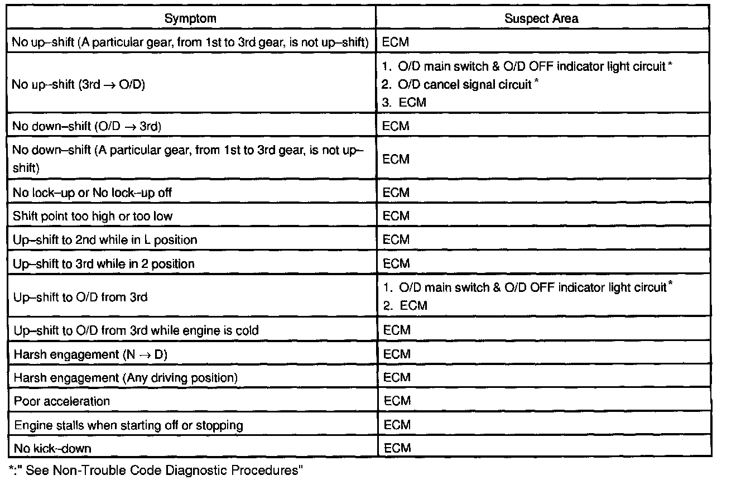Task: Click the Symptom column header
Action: tap(190, 18)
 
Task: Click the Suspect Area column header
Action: tap(541, 18)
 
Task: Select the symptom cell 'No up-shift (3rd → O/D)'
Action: tap(79, 85)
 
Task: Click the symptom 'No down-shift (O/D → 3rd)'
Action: tap(86, 126)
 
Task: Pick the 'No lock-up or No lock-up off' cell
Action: tap(93, 193)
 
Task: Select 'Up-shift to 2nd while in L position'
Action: tap(105, 240)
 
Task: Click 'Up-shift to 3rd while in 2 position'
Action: tap(104, 263)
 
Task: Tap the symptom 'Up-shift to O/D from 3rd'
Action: tap(80, 297)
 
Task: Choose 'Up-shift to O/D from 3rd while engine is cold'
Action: tap(136, 330)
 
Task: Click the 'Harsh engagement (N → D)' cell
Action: tap(90, 354)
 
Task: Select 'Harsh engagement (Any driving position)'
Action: tap(126, 378)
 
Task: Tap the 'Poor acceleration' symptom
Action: tap(62, 401)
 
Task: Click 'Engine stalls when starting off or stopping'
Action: tap(128, 425)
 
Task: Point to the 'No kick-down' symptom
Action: tap(52, 448)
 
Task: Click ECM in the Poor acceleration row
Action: tap(397, 401)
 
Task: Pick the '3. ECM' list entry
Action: tap(405, 103)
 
